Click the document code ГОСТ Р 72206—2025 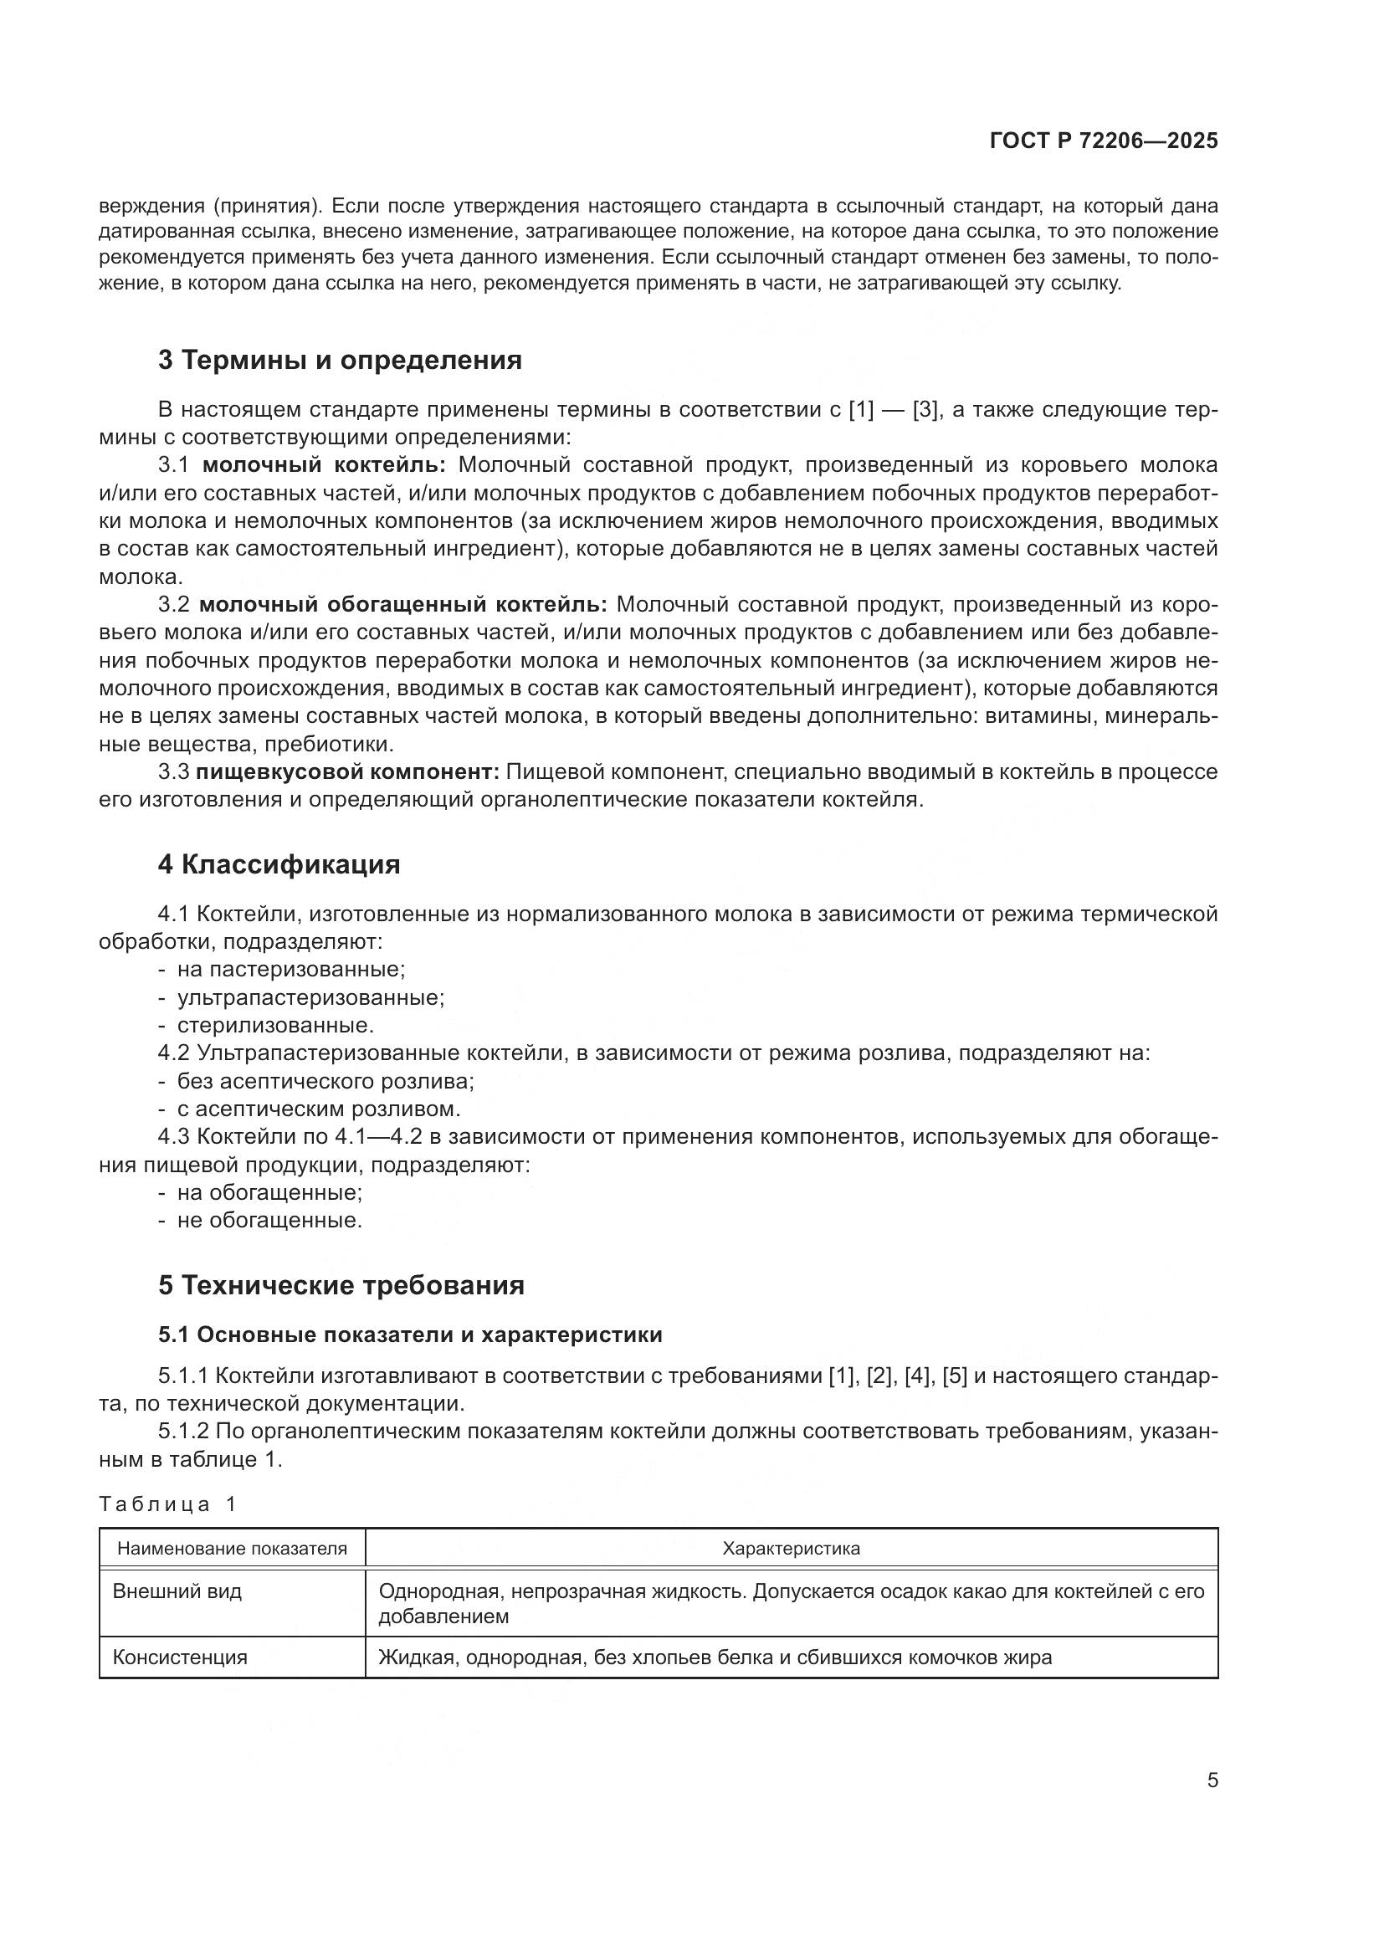click(x=1103, y=141)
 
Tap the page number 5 click(x=1212, y=1780)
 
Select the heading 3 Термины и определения click(x=339, y=361)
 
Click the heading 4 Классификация click(x=279, y=864)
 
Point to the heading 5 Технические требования click(x=341, y=1284)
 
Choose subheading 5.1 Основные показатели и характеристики click(x=410, y=1335)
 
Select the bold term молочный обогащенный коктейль click(x=402, y=604)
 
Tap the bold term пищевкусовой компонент click(x=347, y=772)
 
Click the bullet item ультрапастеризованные click(x=310, y=997)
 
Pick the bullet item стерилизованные click(x=275, y=1025)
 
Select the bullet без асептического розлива click(x=325, y=1081)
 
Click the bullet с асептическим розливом click(x=318, y=1109)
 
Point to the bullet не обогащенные click(x=269, y=1220)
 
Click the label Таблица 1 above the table click(x=167, y=1504)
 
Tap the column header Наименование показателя click(x=232, y=1549)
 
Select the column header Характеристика click(x=791, y=1549)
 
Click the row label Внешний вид click(x=177, y=1591)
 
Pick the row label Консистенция click(x=180, y=1657)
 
